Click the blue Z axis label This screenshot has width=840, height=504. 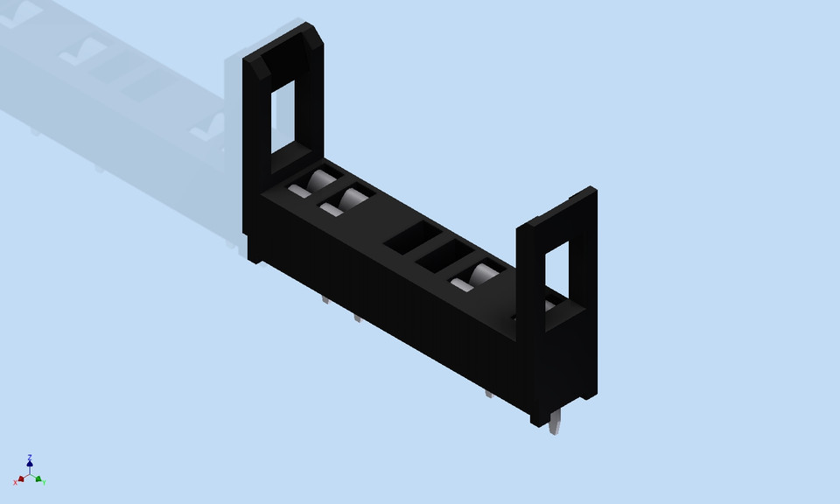pyautogui.click(x=30, y=458)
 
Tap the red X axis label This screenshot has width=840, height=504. pyautogui.click(x=16, y=482)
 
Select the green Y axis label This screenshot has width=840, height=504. pyautogui.click(x=44, y=482)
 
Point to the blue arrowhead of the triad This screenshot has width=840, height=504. pyautogui.click(x=30, y=465)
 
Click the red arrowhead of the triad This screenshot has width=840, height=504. pyautogui.click(x=21, y=479)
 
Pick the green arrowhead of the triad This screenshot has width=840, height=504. pyautogui.click(x=38, y=479)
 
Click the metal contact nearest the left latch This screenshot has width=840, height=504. pyautogui.click(x=314, y=185)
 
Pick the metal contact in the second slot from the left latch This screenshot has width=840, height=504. pyautogui.click(x=346, y=203)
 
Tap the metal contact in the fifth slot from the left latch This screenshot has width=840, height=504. pyautogui.click(x=477, y=278)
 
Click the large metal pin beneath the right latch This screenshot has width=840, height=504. pyautogui.click(x=555, y=423)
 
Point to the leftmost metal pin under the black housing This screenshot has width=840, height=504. pyautogui.click(x=325, y=299)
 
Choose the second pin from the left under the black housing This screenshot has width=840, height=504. pyautogui.click(x=357, y=317)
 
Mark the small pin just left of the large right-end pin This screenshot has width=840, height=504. pyautogui.click(x=489, y=393)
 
